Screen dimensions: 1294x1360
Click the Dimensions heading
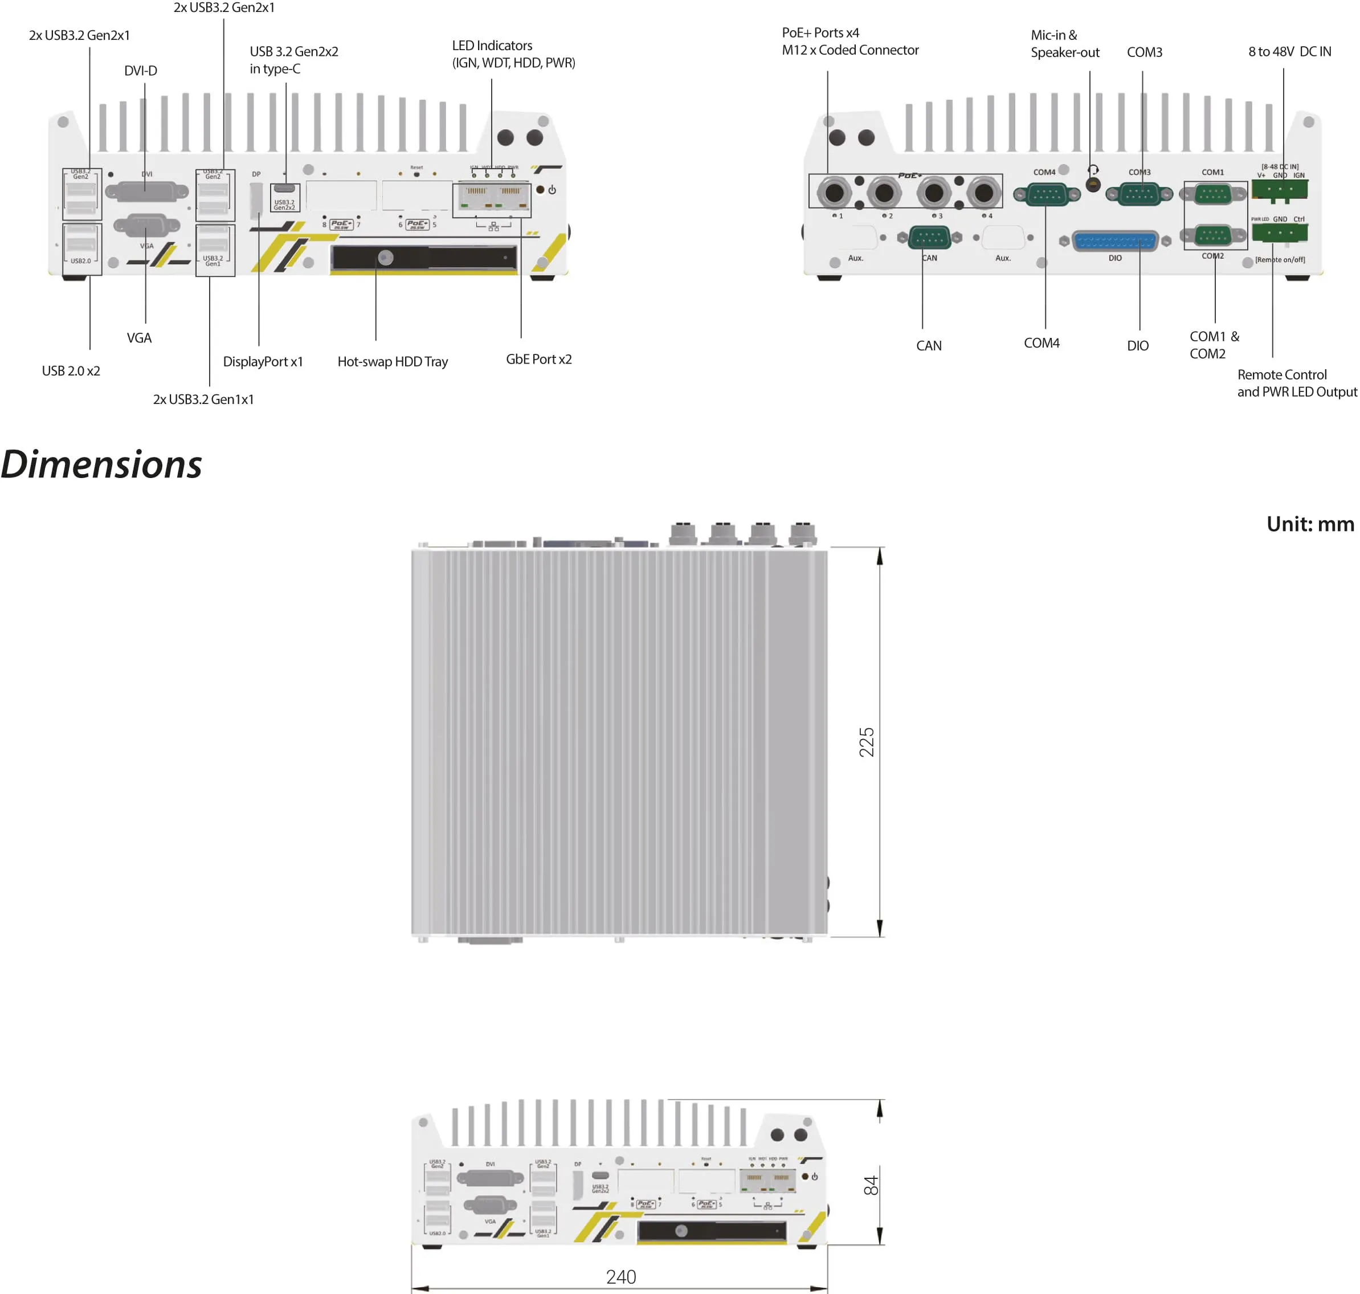[x=101, y=464]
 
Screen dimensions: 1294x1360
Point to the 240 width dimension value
[x=620, y=1276]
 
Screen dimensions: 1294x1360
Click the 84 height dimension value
[x=871, y=1185]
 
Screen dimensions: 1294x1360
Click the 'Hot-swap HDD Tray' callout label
[x=393, y=361]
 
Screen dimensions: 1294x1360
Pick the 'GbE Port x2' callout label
[x=538, y=360]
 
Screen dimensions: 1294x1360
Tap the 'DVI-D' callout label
[x=141, y=70]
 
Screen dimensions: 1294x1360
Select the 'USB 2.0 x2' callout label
[x=71, y=371]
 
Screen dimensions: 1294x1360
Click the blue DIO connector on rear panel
[x=1115, y=240]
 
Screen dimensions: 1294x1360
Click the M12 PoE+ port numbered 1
[x=834, y=193]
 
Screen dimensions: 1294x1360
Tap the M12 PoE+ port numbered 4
[x=983, y=193]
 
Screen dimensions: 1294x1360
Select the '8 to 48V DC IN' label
[x=1289, y=52]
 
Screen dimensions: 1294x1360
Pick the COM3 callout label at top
[x=1144, y=52]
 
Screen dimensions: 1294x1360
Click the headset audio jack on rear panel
[x=1092, y=183]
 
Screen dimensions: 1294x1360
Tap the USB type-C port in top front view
[x=284, y=188]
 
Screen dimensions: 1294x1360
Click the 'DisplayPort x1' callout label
[x=263, y=361]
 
